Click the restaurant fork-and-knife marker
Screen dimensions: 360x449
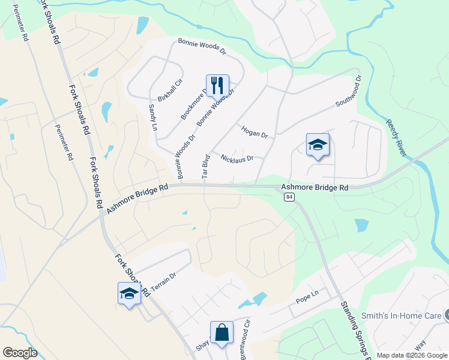pyautogui.click(x=217, y=85)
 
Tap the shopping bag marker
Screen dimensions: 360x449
pyautogui.click(x=221, y=332)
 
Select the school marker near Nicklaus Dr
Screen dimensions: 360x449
pyautogui.click(x=318, y=145)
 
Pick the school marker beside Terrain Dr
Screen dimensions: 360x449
pyautogui.click(x=129, y=293)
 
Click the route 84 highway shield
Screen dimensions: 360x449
pyautogui.click(x=289, y=197)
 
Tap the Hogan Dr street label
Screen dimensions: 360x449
pyautogui.click(x=254, y=131)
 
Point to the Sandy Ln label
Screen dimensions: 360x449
pyautogui.click(x=152, y=117)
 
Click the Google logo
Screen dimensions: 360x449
pyautogui.click(x=20, y=353)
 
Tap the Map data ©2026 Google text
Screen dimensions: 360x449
pyautogui.click(x=411, y=355)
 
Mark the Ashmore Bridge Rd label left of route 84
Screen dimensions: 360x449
pyautogui.click(x=137, y=199)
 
